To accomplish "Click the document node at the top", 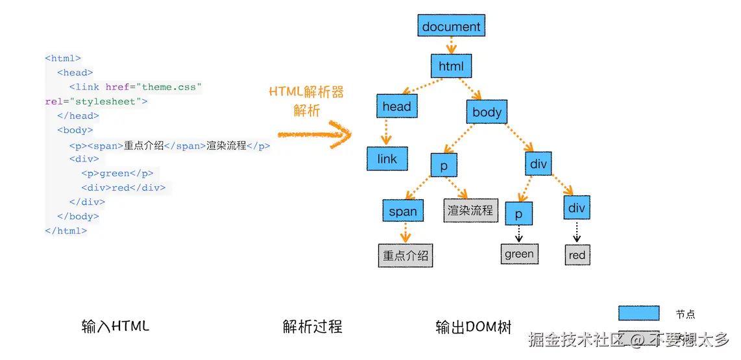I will pos(451,27).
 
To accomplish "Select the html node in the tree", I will pos(451,66).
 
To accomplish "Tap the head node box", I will pos(396,106).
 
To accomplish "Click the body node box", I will pos(487,112).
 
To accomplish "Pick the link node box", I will pos(387,159).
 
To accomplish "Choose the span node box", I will pos(403,211).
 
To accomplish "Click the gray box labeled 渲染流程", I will pos(470,210).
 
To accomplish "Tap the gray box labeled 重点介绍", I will pos(406,255).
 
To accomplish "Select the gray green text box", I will pos(519,254).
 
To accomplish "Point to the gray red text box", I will pos(577,255).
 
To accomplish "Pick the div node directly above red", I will pos(576,208).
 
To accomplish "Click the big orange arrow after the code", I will pos(314,134).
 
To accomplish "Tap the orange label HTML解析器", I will pos(306,92).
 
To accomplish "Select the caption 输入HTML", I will pos(115,326).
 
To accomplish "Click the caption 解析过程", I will pos(312,326).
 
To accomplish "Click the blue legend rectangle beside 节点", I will pos(638,313).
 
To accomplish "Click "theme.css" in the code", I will pos(172,87).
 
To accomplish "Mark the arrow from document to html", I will pos(452,45).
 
